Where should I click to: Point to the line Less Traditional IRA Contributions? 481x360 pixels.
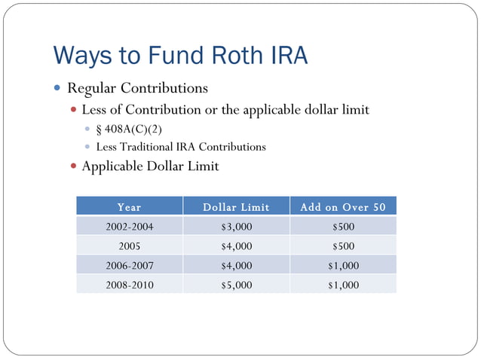(x=181, y=147)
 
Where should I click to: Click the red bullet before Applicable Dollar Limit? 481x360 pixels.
(x=73, y=166)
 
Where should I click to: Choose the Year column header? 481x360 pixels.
(x=129, y=206)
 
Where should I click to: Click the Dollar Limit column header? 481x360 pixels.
(x=236, y=206)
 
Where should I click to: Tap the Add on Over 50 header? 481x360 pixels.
(x=343, y=206)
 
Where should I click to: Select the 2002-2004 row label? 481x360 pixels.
(x=129, y=226)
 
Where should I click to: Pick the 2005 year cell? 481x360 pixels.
(x=129, y=246)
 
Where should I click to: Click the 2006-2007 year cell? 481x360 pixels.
(x=129, y=265)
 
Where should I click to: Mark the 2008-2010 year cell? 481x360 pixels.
(x=129, y=285)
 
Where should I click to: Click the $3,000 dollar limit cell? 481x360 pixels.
(x=236, y=226)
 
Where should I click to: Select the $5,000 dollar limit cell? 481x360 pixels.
(x=236, y=285)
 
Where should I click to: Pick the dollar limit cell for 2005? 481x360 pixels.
(x=236, y=246)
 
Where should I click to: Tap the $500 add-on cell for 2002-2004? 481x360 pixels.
(x=343, y=226)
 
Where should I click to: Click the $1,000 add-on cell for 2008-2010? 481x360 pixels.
(x=343, y=285)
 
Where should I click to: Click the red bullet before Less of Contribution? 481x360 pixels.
(x=73, y=111)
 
